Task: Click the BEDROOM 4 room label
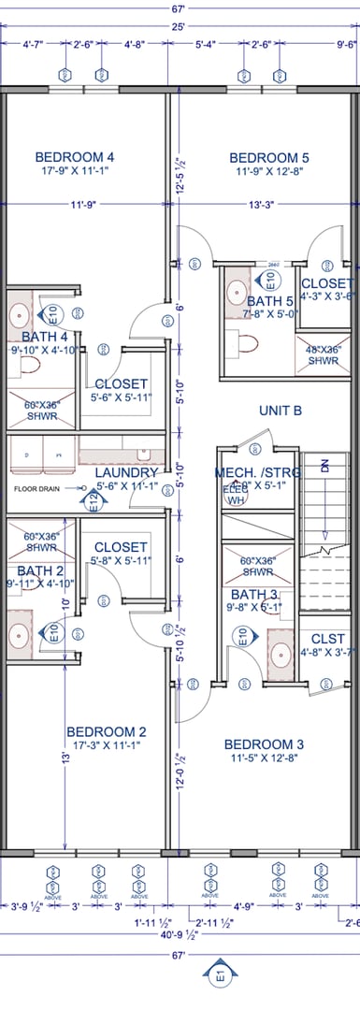75,157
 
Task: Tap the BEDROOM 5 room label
269,158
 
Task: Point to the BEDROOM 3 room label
264,744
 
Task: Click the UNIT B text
281,410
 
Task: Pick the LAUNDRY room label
126,472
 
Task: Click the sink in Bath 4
20,312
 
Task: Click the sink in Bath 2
20,635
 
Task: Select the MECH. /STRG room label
258,472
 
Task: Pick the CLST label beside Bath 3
327,639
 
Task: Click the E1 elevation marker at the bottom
220,976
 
